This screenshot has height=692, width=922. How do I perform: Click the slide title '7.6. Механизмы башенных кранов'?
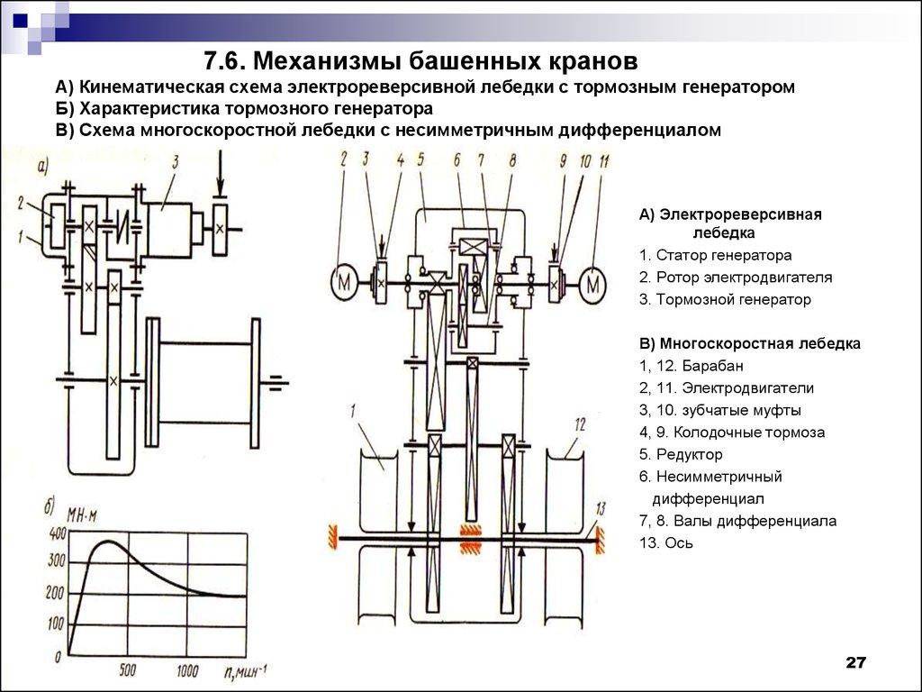tap(420, 62)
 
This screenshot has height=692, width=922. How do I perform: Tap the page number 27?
tap(854, 663)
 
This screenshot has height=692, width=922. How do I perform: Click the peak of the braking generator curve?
tap(108, 542)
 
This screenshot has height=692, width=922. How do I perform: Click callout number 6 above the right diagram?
tap(456, 160)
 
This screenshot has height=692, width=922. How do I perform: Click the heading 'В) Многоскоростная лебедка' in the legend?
tap(749, 344)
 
